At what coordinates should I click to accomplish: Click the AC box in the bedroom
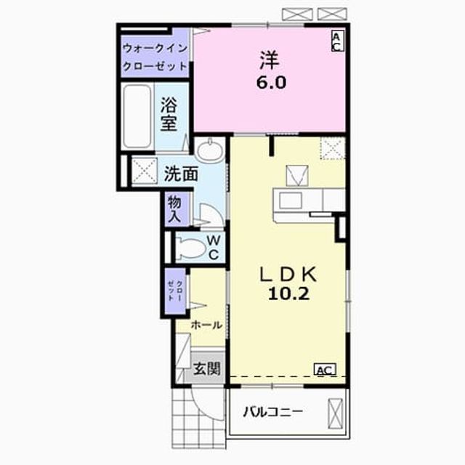tap(338, 41)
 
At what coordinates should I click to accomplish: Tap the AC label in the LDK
tap(325, 370)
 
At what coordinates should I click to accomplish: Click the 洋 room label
tap(270, 60)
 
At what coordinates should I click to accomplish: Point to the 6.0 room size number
tap(271, 82)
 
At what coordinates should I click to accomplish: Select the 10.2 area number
tap(289, 294)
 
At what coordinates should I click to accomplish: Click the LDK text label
tap(288, 275)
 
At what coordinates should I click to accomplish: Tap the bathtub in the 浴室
tap(137, 116)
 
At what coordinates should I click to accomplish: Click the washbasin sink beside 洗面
tap(211, 150)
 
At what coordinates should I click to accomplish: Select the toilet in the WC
tap(190, 247)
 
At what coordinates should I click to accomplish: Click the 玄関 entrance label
tap(206, 369)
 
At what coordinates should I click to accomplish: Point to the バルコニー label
tap(273, 412)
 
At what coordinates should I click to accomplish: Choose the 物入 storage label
tap(174, 210)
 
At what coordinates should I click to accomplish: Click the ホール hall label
tap(206, 325)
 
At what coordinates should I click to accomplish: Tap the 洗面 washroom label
tap(181, 174)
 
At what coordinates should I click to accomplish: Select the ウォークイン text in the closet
tap(155, 49)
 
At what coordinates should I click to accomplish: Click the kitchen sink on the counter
tap(291, 200)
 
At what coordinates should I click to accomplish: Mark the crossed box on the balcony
tap(335, 413)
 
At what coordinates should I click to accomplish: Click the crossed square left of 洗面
tap(145, 171)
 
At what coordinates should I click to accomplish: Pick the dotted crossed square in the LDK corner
tap(333, 148)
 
